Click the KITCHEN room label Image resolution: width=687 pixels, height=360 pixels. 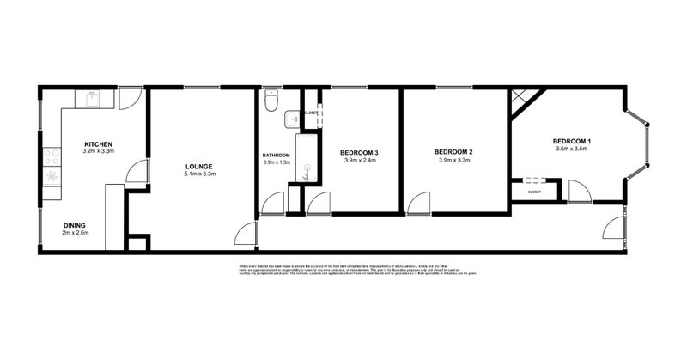(x=98, y=143)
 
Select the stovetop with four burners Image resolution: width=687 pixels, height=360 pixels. (x=52, y=157)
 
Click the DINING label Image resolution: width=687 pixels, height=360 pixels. (x=74, y=226)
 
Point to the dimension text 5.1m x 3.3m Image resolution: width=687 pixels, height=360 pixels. (x=199, y=174)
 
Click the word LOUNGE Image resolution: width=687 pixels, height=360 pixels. (x=199, y=166)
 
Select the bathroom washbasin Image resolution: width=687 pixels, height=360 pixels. (x=292, y=118)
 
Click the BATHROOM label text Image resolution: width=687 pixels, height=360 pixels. (x=277, y=155)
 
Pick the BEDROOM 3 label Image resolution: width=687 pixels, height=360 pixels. (x=362, y=152)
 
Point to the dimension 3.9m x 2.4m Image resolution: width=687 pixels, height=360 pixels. (x=362, y=160)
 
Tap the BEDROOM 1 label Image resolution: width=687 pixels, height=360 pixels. (x=572, y=140)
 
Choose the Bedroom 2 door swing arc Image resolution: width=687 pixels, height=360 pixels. (x=419, y=203)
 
